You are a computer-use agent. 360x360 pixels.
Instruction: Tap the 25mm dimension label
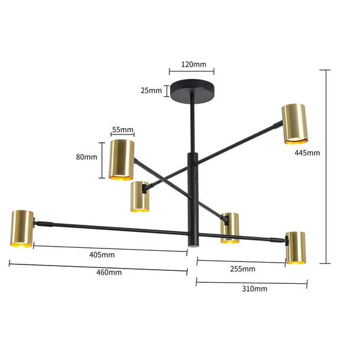pos(150,90)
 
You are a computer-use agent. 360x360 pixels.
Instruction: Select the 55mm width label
pos(122,129)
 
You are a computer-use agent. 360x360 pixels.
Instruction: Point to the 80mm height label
pos(87,157)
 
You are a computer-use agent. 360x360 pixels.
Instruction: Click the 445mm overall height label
pos(307,153)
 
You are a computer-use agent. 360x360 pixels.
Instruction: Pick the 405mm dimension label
pos(102,255)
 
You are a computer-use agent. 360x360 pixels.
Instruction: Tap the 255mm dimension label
pos(243,269)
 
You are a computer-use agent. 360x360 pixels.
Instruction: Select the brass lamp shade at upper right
pos(295,124)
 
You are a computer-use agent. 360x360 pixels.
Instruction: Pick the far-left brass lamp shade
pos(22,228)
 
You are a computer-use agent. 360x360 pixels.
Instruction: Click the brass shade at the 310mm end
pos(296,247)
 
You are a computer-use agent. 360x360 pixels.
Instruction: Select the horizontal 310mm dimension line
pos(251,282)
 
